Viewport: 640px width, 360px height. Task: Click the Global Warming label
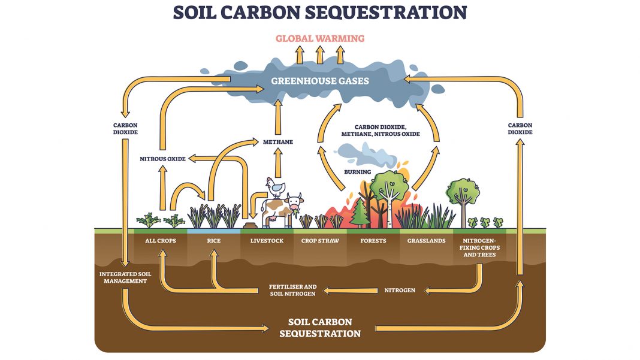[x=319, y=38]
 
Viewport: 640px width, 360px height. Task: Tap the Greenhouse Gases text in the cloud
[x=320, y=80]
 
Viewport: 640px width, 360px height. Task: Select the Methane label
[x=277, y=142]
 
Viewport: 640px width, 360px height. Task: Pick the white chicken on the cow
[x=277, y=187]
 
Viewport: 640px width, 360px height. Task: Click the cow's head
[x=295, y=203]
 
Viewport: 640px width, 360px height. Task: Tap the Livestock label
[x=267, y=241]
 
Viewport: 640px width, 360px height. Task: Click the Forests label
[x=373, y=241]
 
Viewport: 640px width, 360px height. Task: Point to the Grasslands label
[x=426, y=241]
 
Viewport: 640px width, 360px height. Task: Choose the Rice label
[x=214, y=241]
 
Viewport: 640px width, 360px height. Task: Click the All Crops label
[x=160, y=241]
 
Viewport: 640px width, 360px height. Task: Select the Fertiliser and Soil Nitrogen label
[x=293, y=291]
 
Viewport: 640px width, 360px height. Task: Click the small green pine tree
[x=360, y=212]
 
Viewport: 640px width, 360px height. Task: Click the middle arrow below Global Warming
[x=320, y=55]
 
